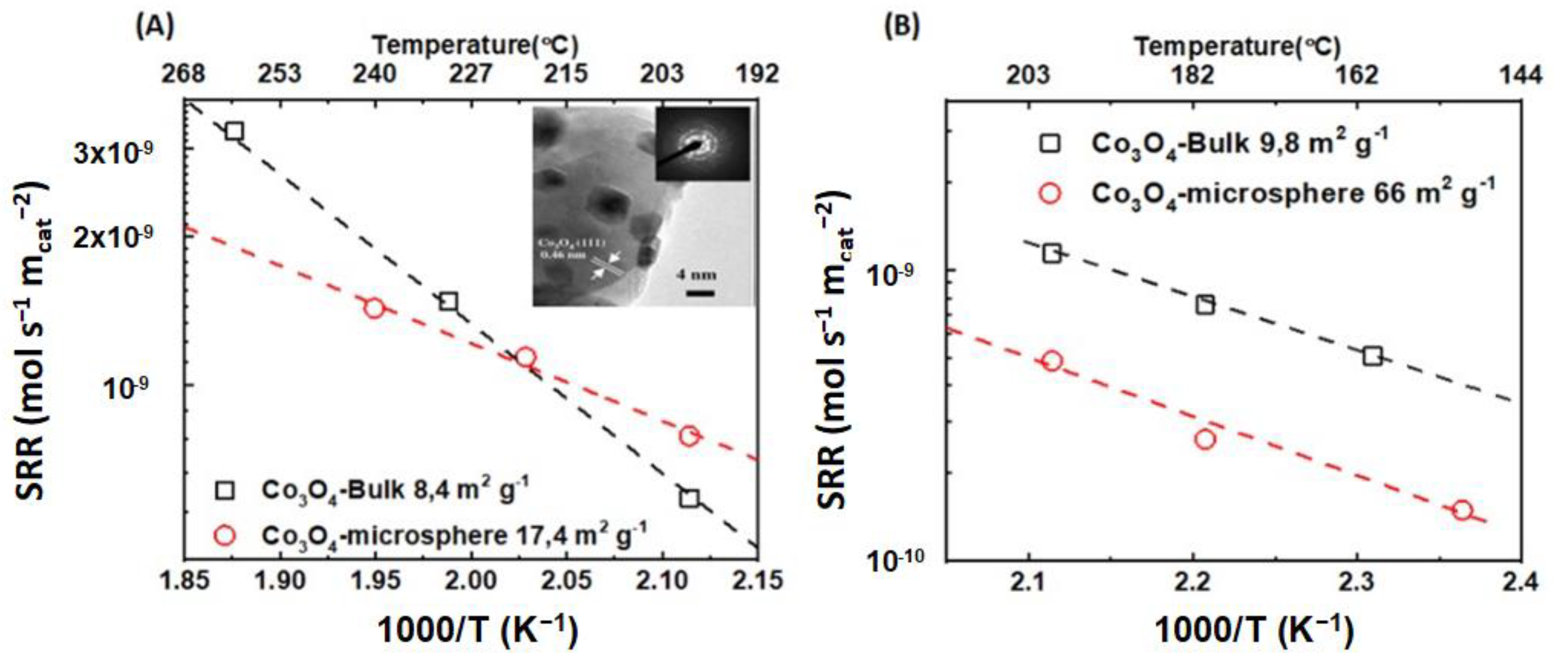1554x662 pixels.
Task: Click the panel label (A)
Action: coord(155,27)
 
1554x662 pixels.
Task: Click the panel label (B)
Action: coord(902,27)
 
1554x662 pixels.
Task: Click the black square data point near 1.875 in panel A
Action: coord(234,131)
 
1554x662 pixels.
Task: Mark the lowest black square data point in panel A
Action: coord(689,498)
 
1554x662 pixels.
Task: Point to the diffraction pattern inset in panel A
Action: coord(702,144)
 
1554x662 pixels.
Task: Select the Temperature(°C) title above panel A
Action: coord(475,45)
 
